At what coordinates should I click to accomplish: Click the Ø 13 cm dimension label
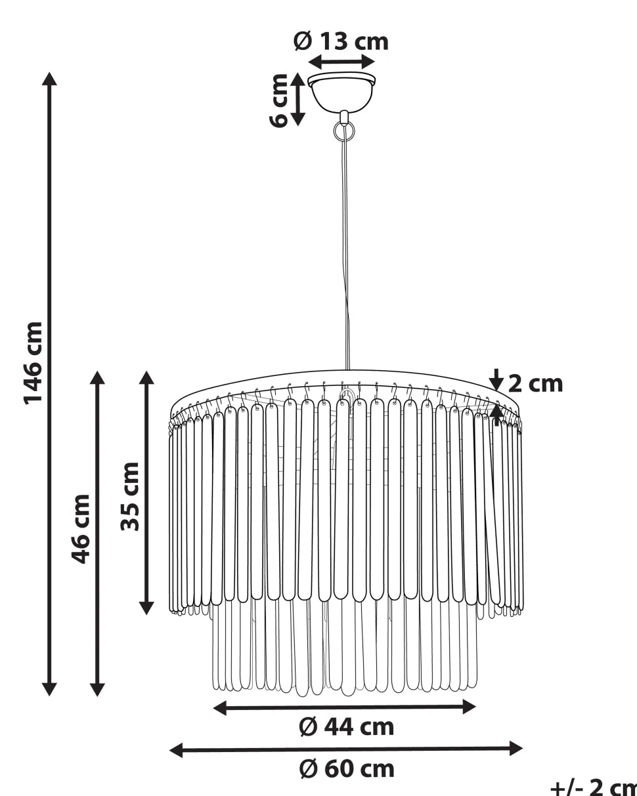coord(341,41)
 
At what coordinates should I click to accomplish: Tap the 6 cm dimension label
coord(278,100)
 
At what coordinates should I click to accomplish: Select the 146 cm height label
coord(33,364)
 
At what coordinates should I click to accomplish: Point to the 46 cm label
coord(81,530)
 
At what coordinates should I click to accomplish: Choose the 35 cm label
coord(130,496)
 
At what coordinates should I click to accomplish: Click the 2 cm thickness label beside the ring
coord(536,384)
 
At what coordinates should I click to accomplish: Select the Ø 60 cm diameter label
coord(347,769)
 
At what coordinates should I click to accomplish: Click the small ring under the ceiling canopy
coord(344,131)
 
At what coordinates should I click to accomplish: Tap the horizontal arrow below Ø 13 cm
coord(341,62)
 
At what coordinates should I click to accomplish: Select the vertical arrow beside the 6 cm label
coord(297,99)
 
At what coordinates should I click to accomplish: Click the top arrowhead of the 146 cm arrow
coord(49,79)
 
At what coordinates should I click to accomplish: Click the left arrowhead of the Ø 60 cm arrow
coord(176,749)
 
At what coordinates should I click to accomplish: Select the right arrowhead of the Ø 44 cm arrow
coord(469,707)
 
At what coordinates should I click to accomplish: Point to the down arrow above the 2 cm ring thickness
coord(496,380)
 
